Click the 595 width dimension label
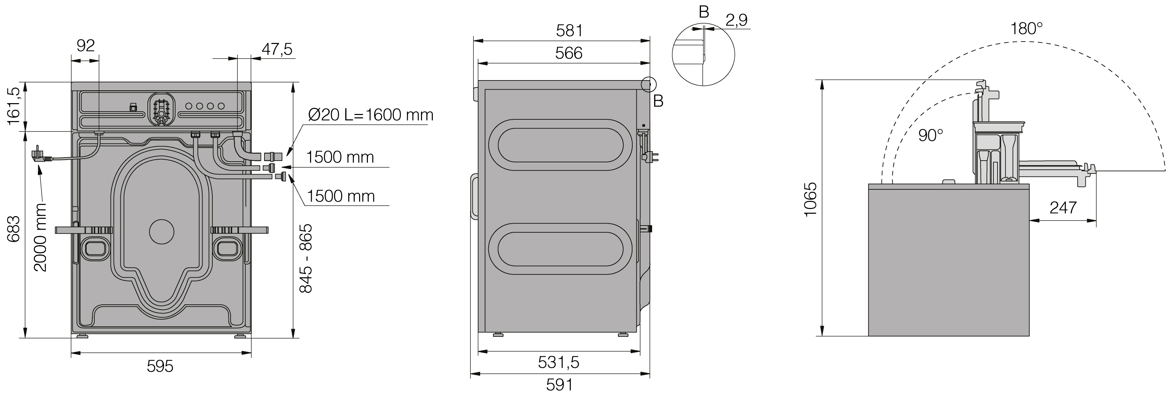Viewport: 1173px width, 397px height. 160,367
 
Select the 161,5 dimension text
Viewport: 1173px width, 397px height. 15,106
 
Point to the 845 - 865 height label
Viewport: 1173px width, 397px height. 306,258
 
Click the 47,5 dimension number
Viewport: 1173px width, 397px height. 277,49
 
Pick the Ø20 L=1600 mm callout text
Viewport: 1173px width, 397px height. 371,115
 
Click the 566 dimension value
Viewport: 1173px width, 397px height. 569,53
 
